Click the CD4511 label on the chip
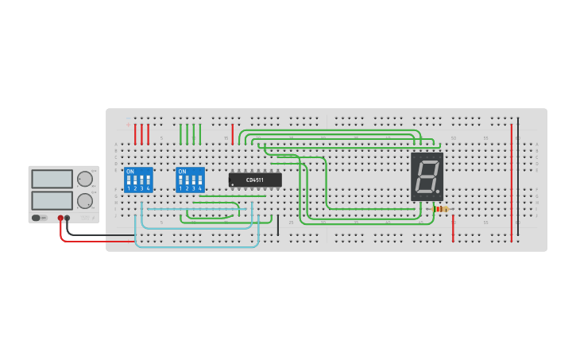point(255,180)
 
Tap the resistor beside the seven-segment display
point(440,209)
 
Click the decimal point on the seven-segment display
point(438,192)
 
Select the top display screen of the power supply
point(52,177)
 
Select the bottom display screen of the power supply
point(52,199)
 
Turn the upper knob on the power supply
point(83,178)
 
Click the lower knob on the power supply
point(83,200)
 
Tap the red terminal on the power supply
point(60,217)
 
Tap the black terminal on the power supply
point(67,217)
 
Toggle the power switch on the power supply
point(36,217)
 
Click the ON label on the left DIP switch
point(130,171)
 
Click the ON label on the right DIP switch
point(182,171)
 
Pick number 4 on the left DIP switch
point(149,188)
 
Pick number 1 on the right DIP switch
point(181,188)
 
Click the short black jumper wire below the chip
point(278,225)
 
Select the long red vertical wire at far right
point(512,182)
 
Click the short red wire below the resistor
point(453,228)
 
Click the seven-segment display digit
point(426,176)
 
